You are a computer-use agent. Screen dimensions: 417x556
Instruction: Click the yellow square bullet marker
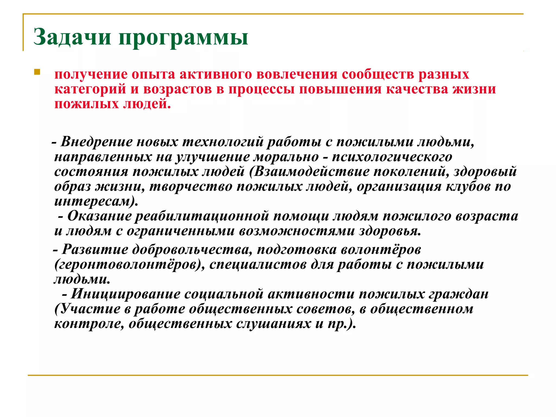pyautogui.click(x=37, y=72)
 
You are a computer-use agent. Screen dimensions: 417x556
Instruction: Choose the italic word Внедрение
pyautogui.click(x=96, y=142)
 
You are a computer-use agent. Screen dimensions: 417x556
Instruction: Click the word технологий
pyautogui.click(x=223, y=142)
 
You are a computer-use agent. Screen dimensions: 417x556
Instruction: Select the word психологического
pyautogui.click(x=392, y=157)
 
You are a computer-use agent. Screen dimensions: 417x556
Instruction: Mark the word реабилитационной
pyautogui.click(x=202, y=216)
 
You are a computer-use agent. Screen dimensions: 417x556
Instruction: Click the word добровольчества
pyautogui.click(x=190, y=249)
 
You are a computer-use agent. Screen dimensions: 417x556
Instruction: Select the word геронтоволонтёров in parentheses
pyautogui.click(x=128, y=264)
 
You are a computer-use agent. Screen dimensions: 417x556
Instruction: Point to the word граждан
pyautogui.click(x=459, y=294)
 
